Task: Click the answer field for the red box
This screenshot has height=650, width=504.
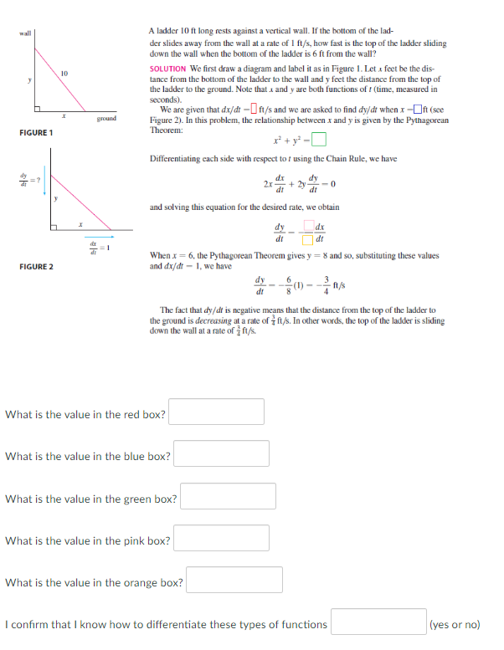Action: point(217,412)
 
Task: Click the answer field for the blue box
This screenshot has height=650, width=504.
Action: point(221,453)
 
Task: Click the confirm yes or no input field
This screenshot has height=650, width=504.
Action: point(378,623)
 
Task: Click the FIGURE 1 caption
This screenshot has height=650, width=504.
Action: point(36,133)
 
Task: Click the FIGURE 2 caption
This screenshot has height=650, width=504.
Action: point(36,266)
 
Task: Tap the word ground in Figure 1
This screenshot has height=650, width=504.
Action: point(106,119)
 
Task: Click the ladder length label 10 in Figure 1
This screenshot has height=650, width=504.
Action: point(63,74)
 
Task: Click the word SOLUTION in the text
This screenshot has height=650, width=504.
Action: point(167,69)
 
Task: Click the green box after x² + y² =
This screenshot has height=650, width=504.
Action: point(319,140)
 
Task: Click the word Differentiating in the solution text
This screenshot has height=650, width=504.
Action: point(177,158)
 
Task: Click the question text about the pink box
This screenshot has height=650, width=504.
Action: point(88,540)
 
